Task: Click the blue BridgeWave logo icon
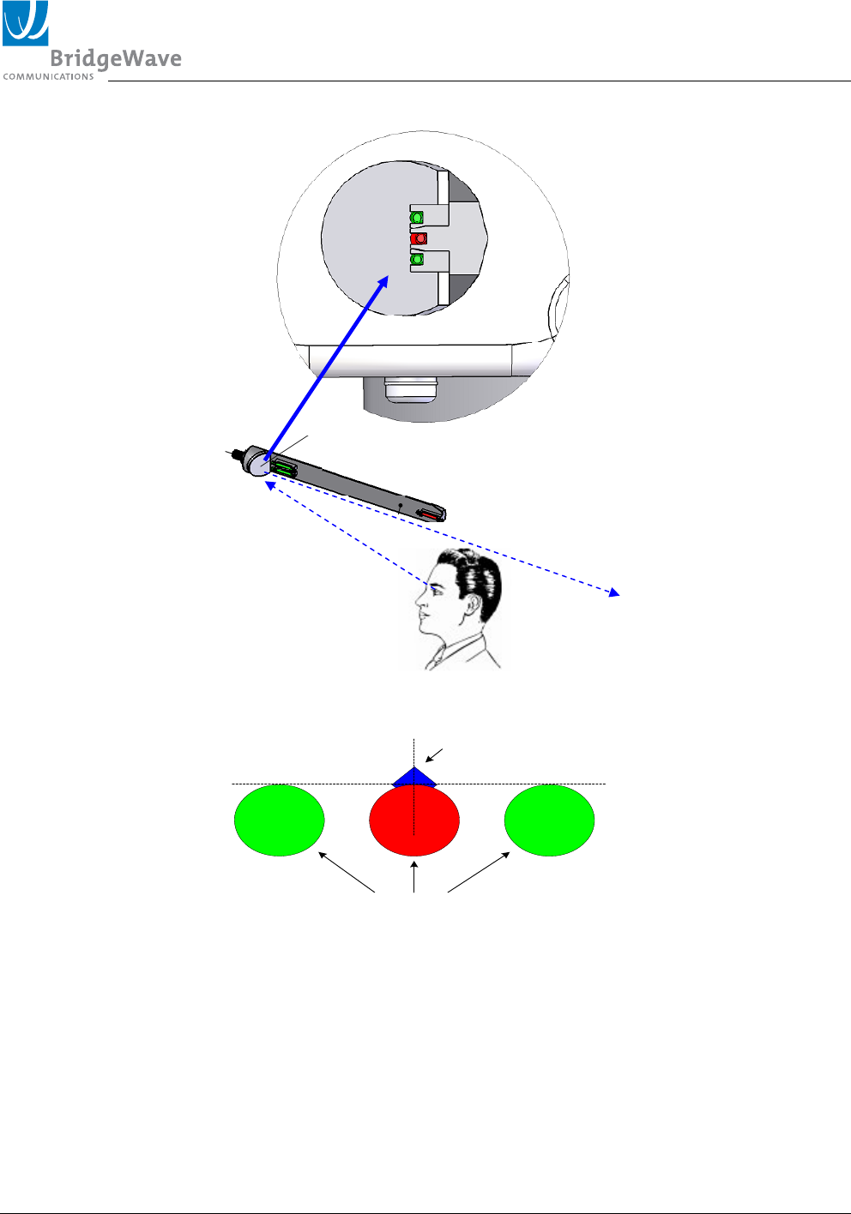(25, 23)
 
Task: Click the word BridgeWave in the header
(116, 59)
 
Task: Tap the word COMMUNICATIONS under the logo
(49, 77)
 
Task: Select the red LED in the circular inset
(419, 238)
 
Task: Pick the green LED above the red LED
(418, 218)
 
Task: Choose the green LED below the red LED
(418, 259)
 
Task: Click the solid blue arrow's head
(383, 282)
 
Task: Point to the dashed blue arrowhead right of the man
(614, 592)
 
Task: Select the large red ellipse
(414, 820)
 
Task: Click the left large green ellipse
(280, 820)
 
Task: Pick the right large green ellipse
(549, 820)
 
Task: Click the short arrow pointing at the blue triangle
(435, 754)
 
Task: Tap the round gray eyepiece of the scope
(257, 463)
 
